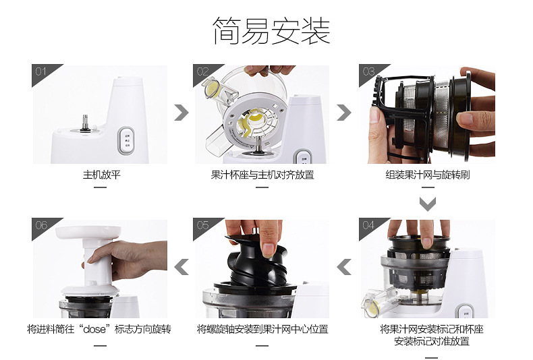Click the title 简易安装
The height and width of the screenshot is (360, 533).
click(271, 31)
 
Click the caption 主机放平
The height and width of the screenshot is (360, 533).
click(102, 175)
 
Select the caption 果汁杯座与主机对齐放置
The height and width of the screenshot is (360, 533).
click(262, 175)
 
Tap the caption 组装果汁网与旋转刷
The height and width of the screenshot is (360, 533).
click(428, 175)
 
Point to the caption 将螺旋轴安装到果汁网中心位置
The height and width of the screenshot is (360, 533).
click(262, 329)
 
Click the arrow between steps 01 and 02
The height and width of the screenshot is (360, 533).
click(181, 113)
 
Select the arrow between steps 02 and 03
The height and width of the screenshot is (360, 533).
click(343, 113)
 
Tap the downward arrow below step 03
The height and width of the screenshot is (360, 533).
click(428, 204)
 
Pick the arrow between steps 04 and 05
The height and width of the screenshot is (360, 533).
click(344, 267)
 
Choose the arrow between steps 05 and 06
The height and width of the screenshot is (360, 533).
click(181, 267)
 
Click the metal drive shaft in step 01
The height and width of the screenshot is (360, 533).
click(85, 123)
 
